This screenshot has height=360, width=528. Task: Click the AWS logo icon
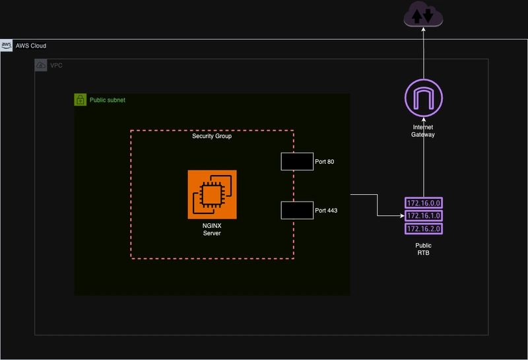[6, 46]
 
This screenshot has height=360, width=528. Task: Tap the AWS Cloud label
[31, 46]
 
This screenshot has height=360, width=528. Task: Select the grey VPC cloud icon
[41, 65]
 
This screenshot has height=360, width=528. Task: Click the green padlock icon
[80, 100]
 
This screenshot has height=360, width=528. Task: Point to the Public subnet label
[108, 100]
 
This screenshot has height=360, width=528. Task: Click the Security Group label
[212, 136]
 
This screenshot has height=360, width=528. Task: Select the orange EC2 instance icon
[212, 194]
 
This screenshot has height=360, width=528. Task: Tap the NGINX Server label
[212, 229]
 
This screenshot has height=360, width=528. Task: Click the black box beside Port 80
[297, 161]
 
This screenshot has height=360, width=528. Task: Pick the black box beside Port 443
[297, 210]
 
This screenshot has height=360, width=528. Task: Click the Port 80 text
[325, 162]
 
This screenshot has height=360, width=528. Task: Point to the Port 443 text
[326, 210]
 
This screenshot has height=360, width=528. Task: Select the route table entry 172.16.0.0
[424, 203]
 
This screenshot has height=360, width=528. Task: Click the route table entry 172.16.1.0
[424, 216]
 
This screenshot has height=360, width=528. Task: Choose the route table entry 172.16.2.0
[424, 229]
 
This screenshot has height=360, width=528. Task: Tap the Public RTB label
[423, 249]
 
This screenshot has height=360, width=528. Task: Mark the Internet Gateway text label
[423, 131]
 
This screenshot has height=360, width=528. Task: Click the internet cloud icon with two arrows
[423, 14]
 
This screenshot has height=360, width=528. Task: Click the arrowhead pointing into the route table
[402, 216]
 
